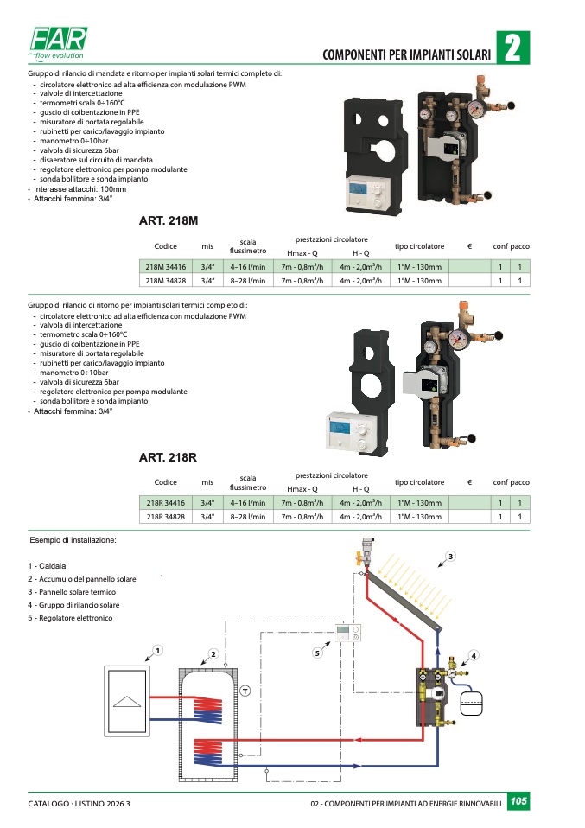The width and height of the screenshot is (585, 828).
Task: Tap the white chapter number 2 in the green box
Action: click(x=512, y=48)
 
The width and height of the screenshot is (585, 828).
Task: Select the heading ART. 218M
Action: click(x=168, y=220)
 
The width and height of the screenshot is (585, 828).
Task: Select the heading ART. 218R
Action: click(x=168, y=457)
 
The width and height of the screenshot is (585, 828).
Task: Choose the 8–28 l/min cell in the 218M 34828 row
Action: click(x=247, y=281)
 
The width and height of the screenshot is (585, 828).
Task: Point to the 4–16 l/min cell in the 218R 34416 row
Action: click(x=247, y=503)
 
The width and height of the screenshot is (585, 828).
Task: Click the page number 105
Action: click(x=518, y=802)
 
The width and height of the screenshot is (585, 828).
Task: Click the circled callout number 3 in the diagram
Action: click(x=450, y=555)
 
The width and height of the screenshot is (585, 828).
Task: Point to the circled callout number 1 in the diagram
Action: click(x=157, y=649)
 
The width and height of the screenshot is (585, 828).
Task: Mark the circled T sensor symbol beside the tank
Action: click(x=245, y=689)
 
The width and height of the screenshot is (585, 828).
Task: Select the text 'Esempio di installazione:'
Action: click(x=73, y=540)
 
